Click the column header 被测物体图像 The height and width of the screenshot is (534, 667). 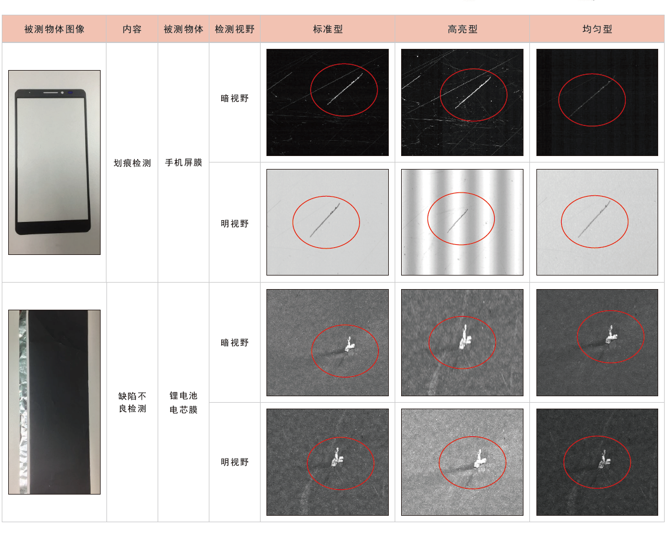click(54, 29)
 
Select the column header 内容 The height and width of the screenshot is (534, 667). click(132, 29)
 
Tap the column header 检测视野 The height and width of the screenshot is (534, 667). click(234, 29)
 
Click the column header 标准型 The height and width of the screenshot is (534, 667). click(328, 29)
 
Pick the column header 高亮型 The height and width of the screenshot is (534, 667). click(462, 29)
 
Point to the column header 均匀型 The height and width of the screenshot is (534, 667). click(597, 29)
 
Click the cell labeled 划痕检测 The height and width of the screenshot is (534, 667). click(132, 162)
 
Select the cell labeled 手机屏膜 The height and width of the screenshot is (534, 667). click(184, 162)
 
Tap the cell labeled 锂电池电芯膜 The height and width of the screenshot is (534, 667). click(184, 403)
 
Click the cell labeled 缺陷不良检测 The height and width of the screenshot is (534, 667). click(132, 403)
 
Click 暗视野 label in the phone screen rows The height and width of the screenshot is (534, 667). click(234, 98)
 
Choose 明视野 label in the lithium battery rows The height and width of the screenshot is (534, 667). click(234, 462)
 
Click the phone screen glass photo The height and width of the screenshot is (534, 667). click(55, 162)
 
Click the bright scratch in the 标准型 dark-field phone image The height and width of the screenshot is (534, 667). click(345, 88)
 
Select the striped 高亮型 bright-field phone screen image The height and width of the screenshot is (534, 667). click(462, 223)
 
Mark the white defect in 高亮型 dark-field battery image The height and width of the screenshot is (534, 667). click(465, 339)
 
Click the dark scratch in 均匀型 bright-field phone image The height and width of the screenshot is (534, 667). click(594, 219)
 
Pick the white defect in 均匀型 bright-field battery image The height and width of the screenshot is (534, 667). click(603, 460)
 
